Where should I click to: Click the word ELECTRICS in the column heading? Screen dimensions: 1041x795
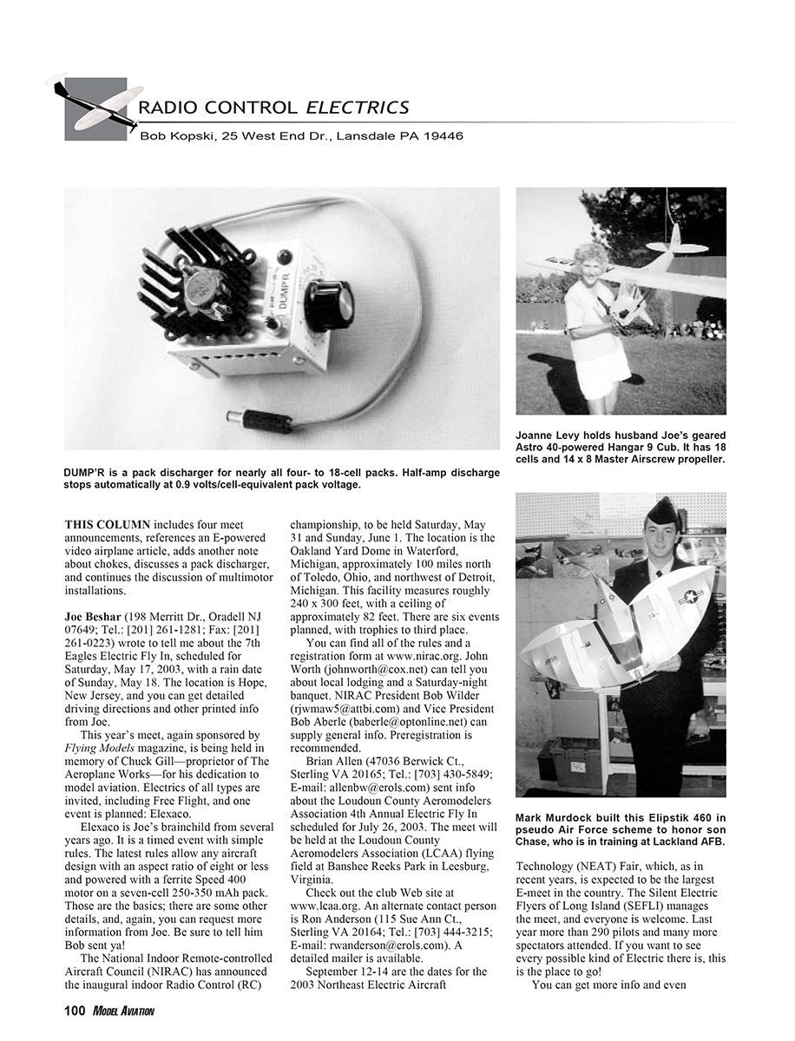coord(357,108)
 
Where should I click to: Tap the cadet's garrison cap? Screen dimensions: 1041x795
coord(662,511)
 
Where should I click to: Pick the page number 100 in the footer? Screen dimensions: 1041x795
coord(74,1011)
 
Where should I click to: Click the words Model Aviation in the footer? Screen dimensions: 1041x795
coord(122,1012)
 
